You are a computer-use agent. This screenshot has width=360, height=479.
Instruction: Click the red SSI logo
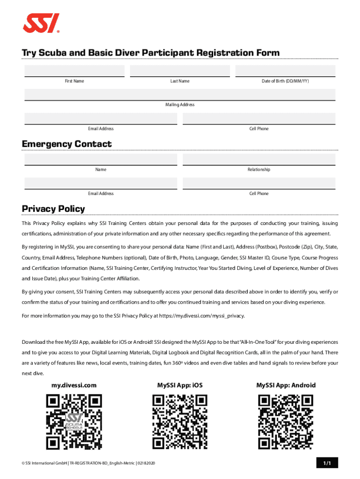(42, 23)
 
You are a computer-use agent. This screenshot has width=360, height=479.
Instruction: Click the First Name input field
(74, 71)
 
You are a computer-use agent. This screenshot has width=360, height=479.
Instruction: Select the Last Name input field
(180, 71)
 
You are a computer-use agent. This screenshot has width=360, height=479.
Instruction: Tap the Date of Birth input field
(285, 71)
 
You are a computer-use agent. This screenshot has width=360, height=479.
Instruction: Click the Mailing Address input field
(180, 94)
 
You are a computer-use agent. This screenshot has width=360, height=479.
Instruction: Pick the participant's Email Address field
(101, 119)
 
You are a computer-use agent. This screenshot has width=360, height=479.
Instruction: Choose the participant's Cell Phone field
(259, 119)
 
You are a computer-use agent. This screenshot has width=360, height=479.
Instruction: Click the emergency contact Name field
(101, 160)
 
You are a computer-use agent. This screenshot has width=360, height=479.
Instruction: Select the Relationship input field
(259, 160)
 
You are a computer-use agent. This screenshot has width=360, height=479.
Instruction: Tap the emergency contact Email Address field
(101, 183)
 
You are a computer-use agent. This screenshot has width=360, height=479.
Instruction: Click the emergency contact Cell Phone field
(259, 183)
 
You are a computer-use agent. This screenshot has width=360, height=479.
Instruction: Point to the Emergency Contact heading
(67, 144)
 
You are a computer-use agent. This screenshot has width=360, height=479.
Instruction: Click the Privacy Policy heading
(53, 209)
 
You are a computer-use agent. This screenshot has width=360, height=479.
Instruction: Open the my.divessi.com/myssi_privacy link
(202, 316)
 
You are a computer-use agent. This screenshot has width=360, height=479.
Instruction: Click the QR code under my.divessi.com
(74, 422)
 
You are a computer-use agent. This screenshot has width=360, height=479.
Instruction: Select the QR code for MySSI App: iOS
(180, 422)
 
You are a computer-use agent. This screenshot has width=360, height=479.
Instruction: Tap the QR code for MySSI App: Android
(286, 422)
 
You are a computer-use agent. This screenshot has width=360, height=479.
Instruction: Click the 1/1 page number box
(326, 463)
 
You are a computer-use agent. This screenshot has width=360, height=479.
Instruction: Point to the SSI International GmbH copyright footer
(88, 463)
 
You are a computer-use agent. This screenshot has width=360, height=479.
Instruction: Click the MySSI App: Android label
(286, 385)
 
